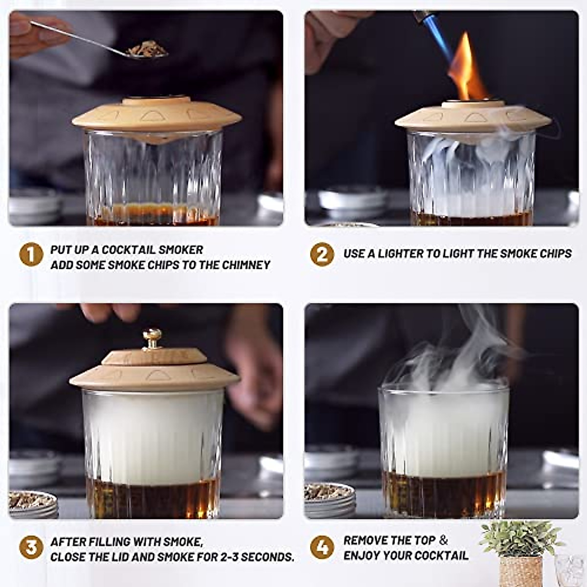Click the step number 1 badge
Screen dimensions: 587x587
31,255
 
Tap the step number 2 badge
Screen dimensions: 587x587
322,254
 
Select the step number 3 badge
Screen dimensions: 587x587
31,547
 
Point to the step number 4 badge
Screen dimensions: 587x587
322,547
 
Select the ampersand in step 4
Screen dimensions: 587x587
443,540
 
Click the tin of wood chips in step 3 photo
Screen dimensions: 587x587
33,504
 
